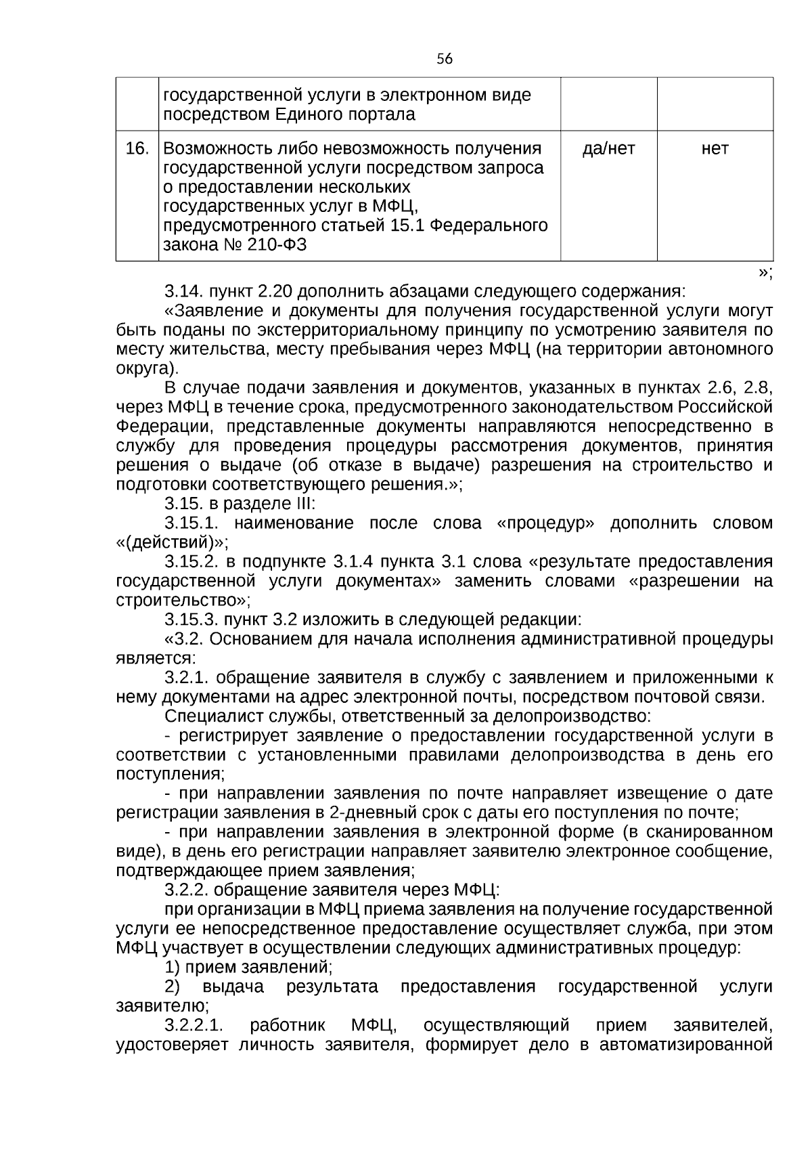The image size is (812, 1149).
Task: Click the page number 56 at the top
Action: pos(444,59)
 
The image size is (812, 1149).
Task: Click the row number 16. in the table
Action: pos(137,148)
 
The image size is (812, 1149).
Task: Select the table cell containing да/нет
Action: pos(608,148)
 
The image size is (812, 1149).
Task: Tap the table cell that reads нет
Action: pos(715,148)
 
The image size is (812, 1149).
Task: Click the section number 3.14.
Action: pos(183,292)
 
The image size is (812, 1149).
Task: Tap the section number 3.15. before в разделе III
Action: pos(183,504)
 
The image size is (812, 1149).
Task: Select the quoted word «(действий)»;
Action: pos(173,542)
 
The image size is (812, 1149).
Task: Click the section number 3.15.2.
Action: pos(192,561)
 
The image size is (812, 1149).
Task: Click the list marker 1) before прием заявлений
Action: pos(173,966)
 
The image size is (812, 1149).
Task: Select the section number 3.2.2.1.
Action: pos(195,1024)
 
